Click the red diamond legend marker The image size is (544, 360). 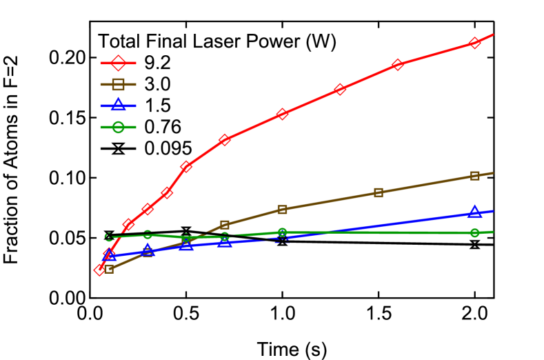coord(118,63)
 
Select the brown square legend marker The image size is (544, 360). coord(118,84)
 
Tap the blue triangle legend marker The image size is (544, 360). coord(118,105)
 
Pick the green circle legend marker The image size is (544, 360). coord(118,127)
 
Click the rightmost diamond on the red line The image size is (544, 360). coord(474,43)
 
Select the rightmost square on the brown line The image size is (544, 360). coord(474,176)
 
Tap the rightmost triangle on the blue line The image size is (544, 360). coord(474,211)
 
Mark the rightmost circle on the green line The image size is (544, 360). coord(474,232)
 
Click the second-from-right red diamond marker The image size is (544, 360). coord(398,65)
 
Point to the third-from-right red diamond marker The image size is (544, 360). coord(340,90)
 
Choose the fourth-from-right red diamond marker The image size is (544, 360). coord(282,114)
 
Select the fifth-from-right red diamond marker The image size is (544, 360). coord(225,140)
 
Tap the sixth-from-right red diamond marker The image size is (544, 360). coord(186,167)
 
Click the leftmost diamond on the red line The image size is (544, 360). coord(100,269)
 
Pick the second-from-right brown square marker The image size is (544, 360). coord(379,192)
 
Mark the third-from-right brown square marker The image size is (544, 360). coord(282,209)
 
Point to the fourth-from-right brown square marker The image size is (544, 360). coord(225,225)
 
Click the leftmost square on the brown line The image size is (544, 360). coord(109,268)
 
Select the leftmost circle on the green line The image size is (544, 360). coord(109,237)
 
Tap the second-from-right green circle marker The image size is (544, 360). coord(282,232)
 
